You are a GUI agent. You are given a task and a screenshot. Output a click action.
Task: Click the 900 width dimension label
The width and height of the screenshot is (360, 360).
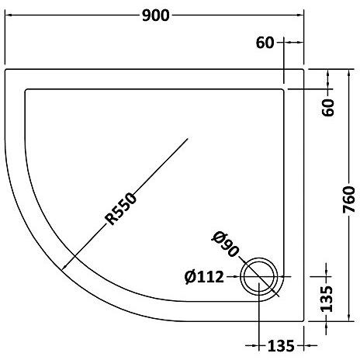click(x=156, y=16)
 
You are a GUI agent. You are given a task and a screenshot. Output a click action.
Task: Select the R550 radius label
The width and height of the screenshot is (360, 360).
click(x=121, y=209)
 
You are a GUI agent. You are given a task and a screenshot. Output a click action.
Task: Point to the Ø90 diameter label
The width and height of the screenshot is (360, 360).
click(x=226, y=243)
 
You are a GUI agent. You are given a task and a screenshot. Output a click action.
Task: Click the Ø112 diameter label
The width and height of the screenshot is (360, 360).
click(x=204, y=277)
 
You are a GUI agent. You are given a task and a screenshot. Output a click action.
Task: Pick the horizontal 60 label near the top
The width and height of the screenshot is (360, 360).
click(x=265, y=43)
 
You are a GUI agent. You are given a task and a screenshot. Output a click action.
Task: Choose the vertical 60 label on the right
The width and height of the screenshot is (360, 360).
click(x=328, y=107)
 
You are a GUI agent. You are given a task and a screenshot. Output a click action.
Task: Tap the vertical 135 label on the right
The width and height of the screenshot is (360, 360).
click(x=326, y=299)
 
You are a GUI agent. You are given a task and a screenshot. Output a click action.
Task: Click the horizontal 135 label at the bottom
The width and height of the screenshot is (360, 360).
click(x=281, y=346)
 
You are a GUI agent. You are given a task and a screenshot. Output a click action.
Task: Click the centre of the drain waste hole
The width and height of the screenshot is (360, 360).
click(x=259, y=276)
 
